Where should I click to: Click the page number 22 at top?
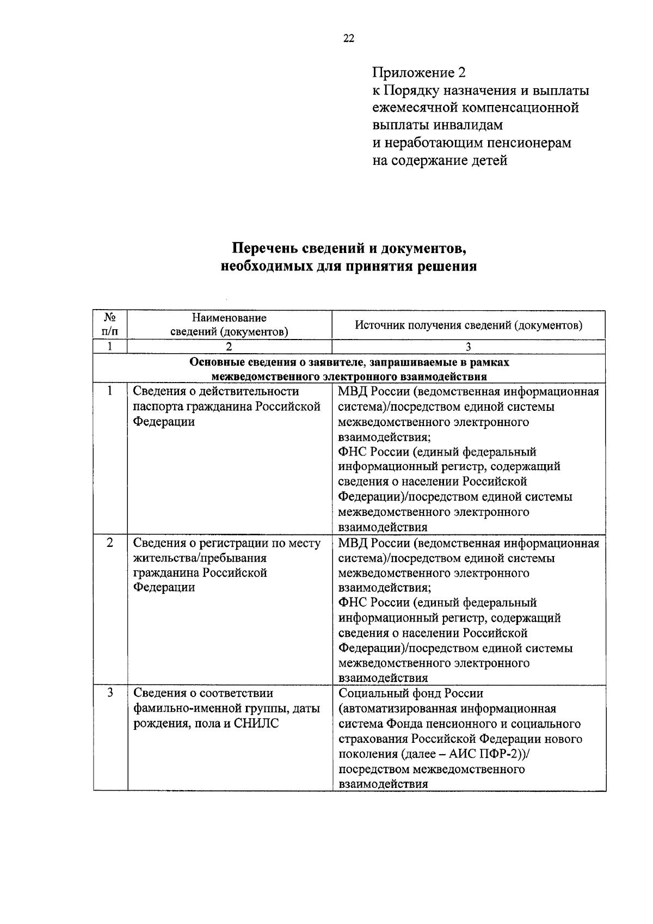pos(349,38)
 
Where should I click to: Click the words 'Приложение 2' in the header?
pos(419,72)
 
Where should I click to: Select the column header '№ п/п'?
pos(110,324)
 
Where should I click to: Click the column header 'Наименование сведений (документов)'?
pos(229,324)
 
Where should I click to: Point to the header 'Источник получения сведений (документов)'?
pos(469,325)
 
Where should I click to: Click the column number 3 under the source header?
pos(469,347)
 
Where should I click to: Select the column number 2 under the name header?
pos(229,347)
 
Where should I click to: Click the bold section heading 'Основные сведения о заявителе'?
pos(349,362)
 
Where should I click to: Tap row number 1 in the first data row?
pos(110,391)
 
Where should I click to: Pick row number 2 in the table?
pos(110,543)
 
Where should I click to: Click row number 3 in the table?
pos(110,693)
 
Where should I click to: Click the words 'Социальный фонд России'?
pos(411,693)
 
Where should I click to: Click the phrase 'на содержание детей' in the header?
pos(440,161)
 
